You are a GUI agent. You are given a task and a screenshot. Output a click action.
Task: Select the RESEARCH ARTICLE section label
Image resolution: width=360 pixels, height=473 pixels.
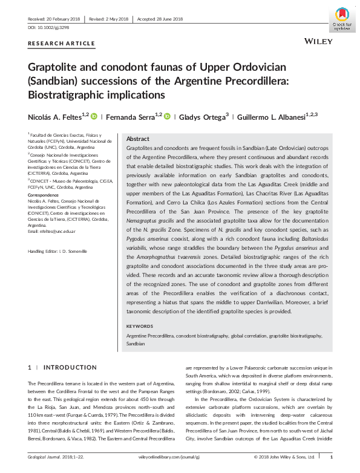click(62, 43)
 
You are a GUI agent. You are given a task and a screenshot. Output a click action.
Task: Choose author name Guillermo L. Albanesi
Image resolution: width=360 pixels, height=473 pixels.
click(263, 117)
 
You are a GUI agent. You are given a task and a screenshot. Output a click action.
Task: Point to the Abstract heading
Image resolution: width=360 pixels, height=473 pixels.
click(137, 139)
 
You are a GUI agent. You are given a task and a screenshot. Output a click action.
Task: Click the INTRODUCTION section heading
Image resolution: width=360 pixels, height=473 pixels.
click(70, 367)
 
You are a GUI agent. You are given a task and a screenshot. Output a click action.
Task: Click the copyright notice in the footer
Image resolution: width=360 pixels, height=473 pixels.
click(284, 457)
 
